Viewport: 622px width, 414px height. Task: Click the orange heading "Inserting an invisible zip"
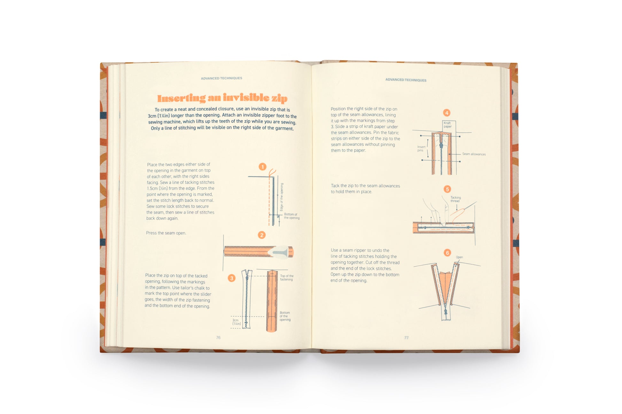tap(222, 98)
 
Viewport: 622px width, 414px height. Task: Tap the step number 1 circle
tap(262, 167)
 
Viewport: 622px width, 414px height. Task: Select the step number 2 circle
tap(262, 235)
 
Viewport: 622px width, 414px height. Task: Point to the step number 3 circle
tap(232, 278)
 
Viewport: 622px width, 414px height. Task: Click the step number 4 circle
tap(447, 113)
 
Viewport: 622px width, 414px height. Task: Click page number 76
tap(218, 337)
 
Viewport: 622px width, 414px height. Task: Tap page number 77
tap(406, 337)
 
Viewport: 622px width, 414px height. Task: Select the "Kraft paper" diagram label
tap(447, 125)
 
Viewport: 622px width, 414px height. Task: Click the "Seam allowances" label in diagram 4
tap(474, 154)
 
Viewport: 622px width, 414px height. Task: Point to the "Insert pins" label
tap(421, 149)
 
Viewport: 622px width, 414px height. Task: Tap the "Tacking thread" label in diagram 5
tap(455, 199)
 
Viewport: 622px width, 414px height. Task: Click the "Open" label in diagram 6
tap(459, 257)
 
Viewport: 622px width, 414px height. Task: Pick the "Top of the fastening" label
tap(287, 278)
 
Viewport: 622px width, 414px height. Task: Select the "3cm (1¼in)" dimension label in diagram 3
tap(237, 322)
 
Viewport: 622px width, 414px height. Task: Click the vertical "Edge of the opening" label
tap(282, 197)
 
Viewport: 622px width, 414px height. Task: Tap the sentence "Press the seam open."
tap(166, 233)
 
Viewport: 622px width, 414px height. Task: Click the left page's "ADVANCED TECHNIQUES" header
tap(222, 78)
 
